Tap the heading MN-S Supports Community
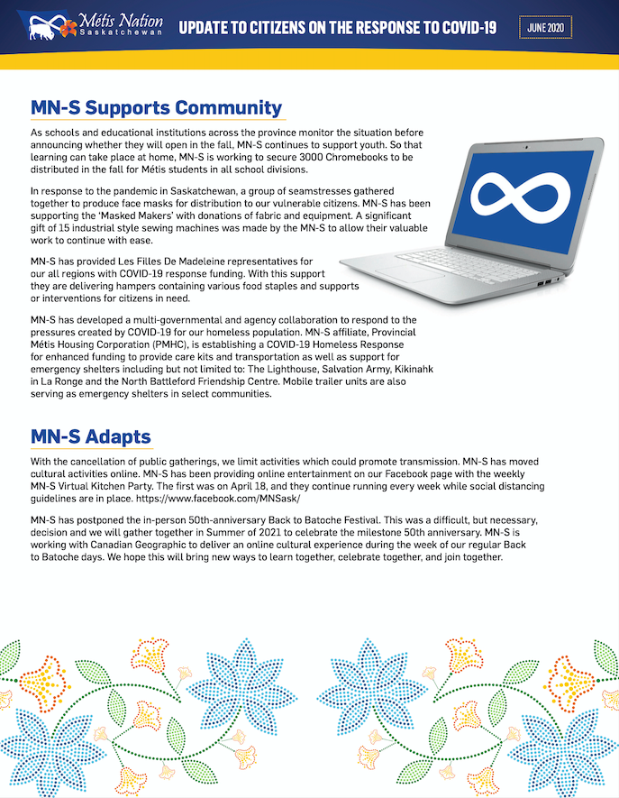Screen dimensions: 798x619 point(157,108)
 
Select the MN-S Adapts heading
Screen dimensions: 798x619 point(90,437)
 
